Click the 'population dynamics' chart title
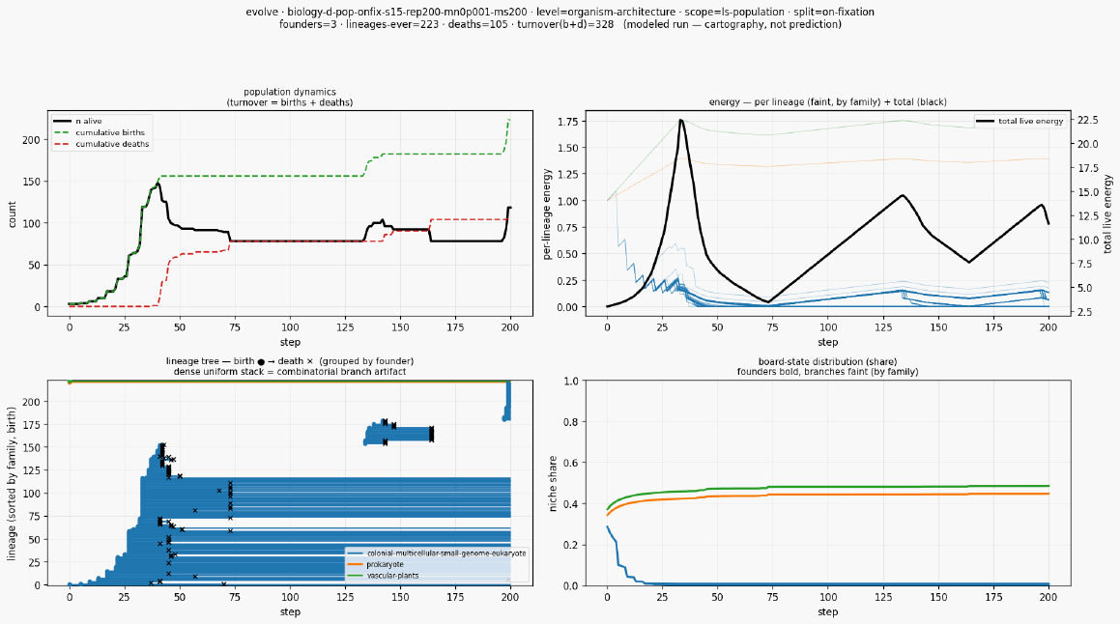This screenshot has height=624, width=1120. [290, 92]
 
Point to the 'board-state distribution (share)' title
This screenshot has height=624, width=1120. [828, 361]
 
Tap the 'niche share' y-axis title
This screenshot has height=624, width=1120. [552, 483]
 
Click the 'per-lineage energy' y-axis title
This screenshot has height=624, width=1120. [547, 214]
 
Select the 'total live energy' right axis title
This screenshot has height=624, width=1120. [1107, 213]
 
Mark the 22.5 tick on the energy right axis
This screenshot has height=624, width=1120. [1087, 120]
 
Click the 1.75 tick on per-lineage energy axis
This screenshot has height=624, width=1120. [567, 121]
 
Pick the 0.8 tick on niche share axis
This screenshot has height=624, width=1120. [571, 422]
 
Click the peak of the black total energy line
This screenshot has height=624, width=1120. [681, 120]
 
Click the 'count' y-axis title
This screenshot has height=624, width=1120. [13, 214]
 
